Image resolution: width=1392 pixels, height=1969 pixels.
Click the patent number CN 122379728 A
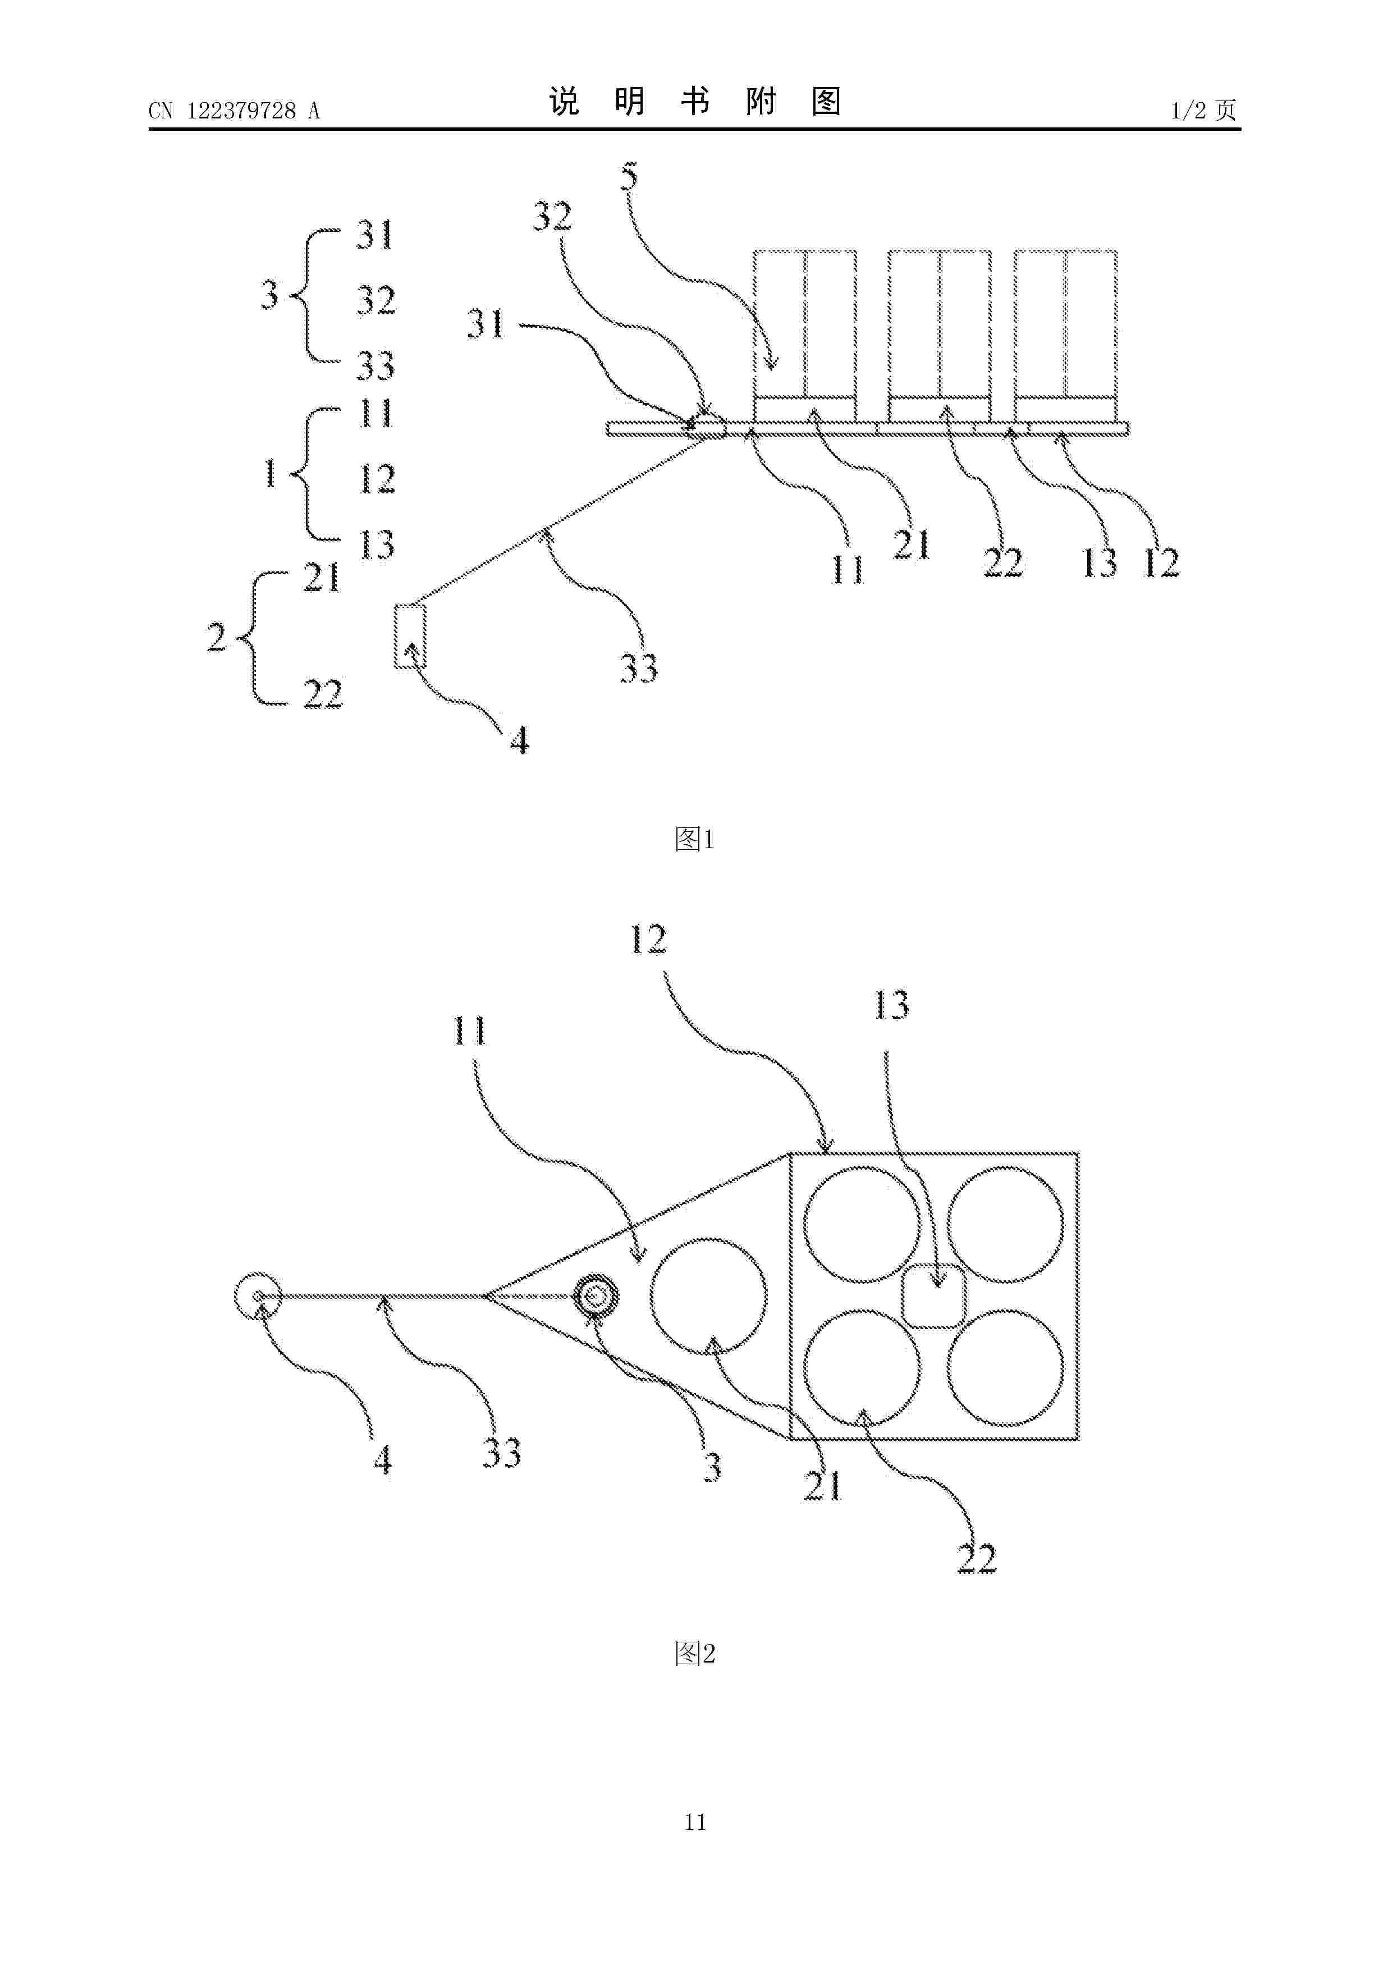[x=233, y=111]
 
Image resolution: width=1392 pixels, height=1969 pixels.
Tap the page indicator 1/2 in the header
[x=1189, y=110]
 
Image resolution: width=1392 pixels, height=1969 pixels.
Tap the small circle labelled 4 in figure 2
[x=257, y=1296]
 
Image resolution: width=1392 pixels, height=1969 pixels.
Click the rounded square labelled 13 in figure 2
[x=936, y=1296]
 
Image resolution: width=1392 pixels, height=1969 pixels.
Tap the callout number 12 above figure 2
[x=648, y=940]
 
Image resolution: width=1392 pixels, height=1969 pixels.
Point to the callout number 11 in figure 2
[x=469, y=1031]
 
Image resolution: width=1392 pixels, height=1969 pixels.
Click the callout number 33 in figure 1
[x=639, y=668]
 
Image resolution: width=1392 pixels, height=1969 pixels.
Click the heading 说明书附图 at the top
[x=695, y=102]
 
